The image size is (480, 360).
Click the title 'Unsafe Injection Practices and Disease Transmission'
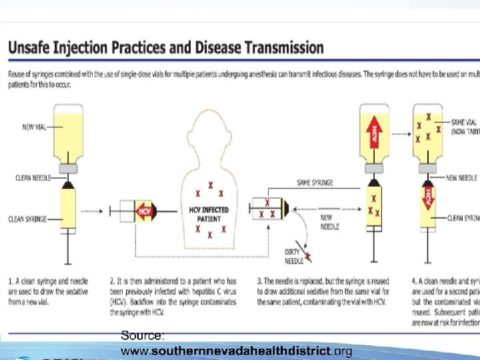(166, 49)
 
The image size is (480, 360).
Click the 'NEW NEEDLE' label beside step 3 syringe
(330, 221)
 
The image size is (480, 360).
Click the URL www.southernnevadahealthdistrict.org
(236, 350)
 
